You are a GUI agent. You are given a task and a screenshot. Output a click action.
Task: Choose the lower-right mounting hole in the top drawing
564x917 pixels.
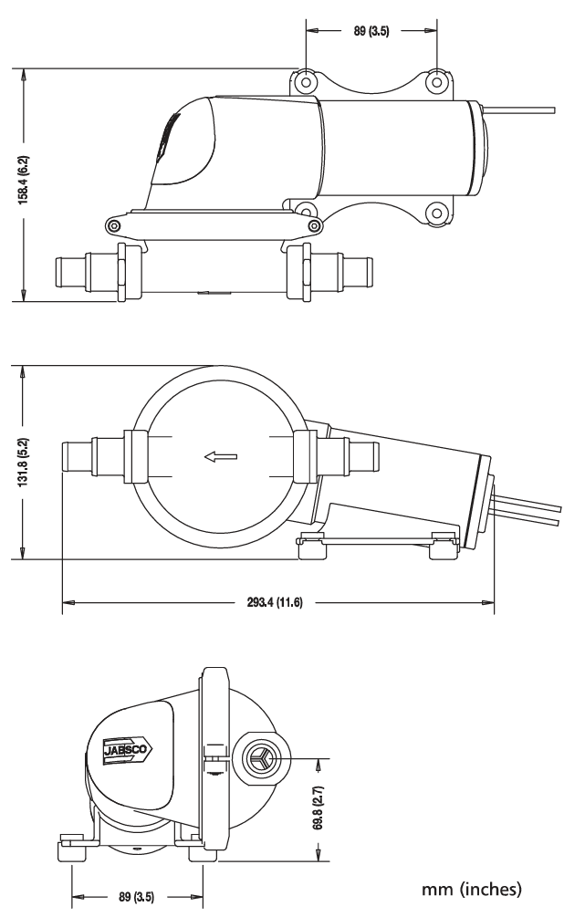436,214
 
